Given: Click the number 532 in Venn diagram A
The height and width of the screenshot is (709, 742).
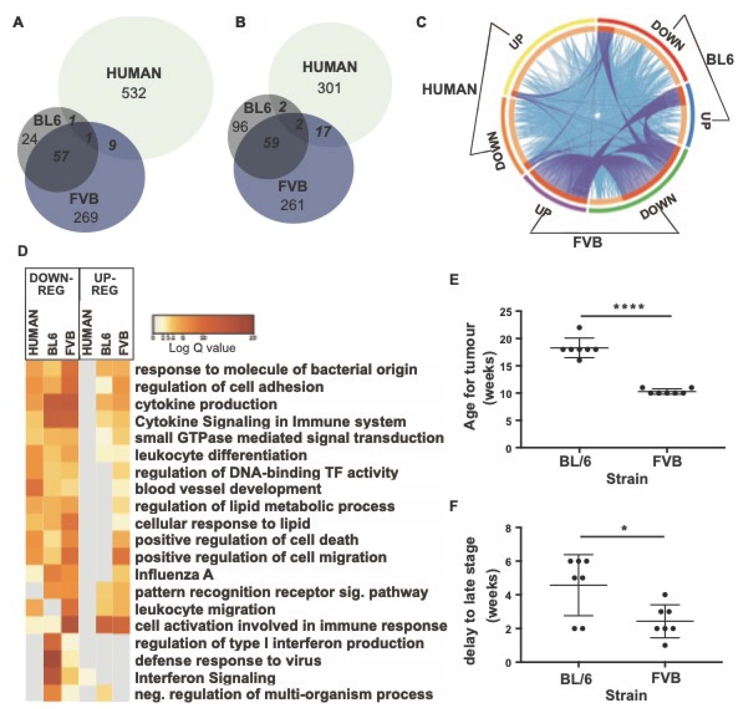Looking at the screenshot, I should pos(133,93).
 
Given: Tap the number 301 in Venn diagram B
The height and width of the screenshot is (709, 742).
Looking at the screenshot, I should pos(329,88).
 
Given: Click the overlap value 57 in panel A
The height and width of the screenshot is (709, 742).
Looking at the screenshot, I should pos(60,156).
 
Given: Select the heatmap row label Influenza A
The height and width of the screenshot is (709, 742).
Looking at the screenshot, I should pos(174,575).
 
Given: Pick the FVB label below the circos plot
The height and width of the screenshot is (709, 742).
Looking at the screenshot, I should pos(587,242).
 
